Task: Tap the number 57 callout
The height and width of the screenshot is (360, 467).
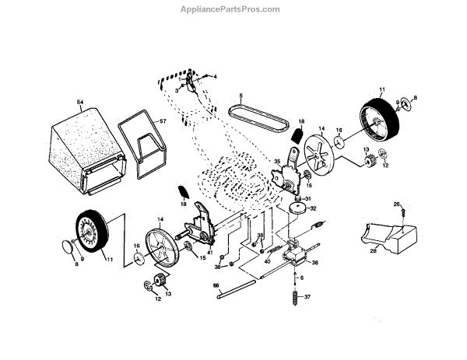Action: pos(163,121)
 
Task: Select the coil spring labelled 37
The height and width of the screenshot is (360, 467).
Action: pos(295,298)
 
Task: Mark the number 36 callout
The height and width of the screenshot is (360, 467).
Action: pos(315,263)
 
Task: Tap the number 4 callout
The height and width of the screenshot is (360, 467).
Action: pos(216,75)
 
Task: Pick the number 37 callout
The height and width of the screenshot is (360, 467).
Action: pos(307,297)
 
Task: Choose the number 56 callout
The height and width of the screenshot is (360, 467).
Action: pos(215,285)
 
